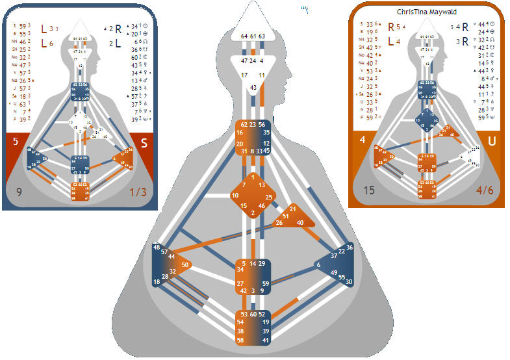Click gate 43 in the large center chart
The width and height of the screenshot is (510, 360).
coord(253,86)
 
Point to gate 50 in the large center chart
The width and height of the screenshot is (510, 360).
coord(185,264)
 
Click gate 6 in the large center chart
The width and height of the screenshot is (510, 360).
coord(318,264)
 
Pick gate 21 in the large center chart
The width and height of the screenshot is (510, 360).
coord(293,209)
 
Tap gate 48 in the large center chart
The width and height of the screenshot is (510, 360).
coord(157,248)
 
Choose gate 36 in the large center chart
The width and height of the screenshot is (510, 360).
coord(350,247)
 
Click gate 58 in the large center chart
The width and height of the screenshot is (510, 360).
coord(240,340)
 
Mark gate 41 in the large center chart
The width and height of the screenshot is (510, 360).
coord(266,340)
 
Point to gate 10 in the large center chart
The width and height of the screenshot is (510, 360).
coord(235,195)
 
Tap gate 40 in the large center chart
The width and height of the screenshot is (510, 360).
coord(300,223)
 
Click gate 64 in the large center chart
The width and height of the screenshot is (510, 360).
coord(244,36)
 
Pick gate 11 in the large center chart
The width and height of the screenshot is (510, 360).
coord(262,75)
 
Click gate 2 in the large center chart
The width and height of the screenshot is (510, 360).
coord(253,213)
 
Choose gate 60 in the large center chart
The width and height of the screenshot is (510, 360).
coord(253,315)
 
